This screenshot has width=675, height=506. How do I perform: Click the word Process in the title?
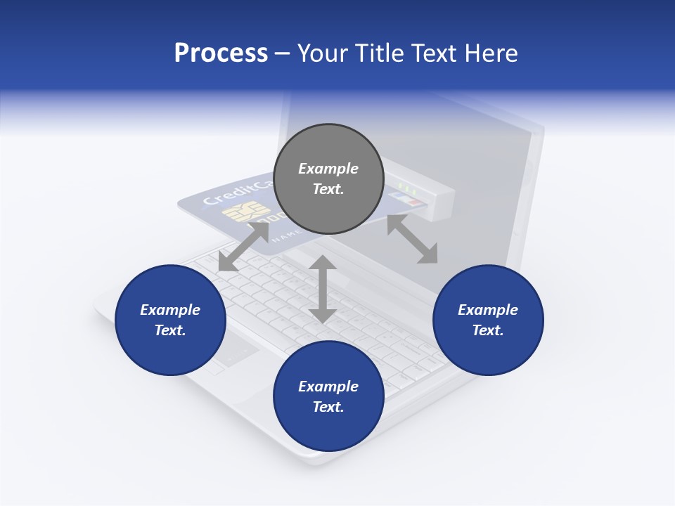click(x=221, y=53)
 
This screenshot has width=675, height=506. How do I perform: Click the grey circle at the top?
click(x=328, y=179)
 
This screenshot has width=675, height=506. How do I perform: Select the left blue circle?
click(x=170, y=320)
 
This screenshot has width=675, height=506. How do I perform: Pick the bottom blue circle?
click(x=328, y=396)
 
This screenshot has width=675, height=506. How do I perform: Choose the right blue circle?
click(x=488, y=320)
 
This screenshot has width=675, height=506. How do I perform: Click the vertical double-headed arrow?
click(x=323, y=289)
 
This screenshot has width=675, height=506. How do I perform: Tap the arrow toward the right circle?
click(x=412, y=240)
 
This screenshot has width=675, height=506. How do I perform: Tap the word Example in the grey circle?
click(x=328, y=169)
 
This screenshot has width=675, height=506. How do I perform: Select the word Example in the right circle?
click(x=488, y=310)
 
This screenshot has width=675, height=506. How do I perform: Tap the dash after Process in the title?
click(x=283, y=53)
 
